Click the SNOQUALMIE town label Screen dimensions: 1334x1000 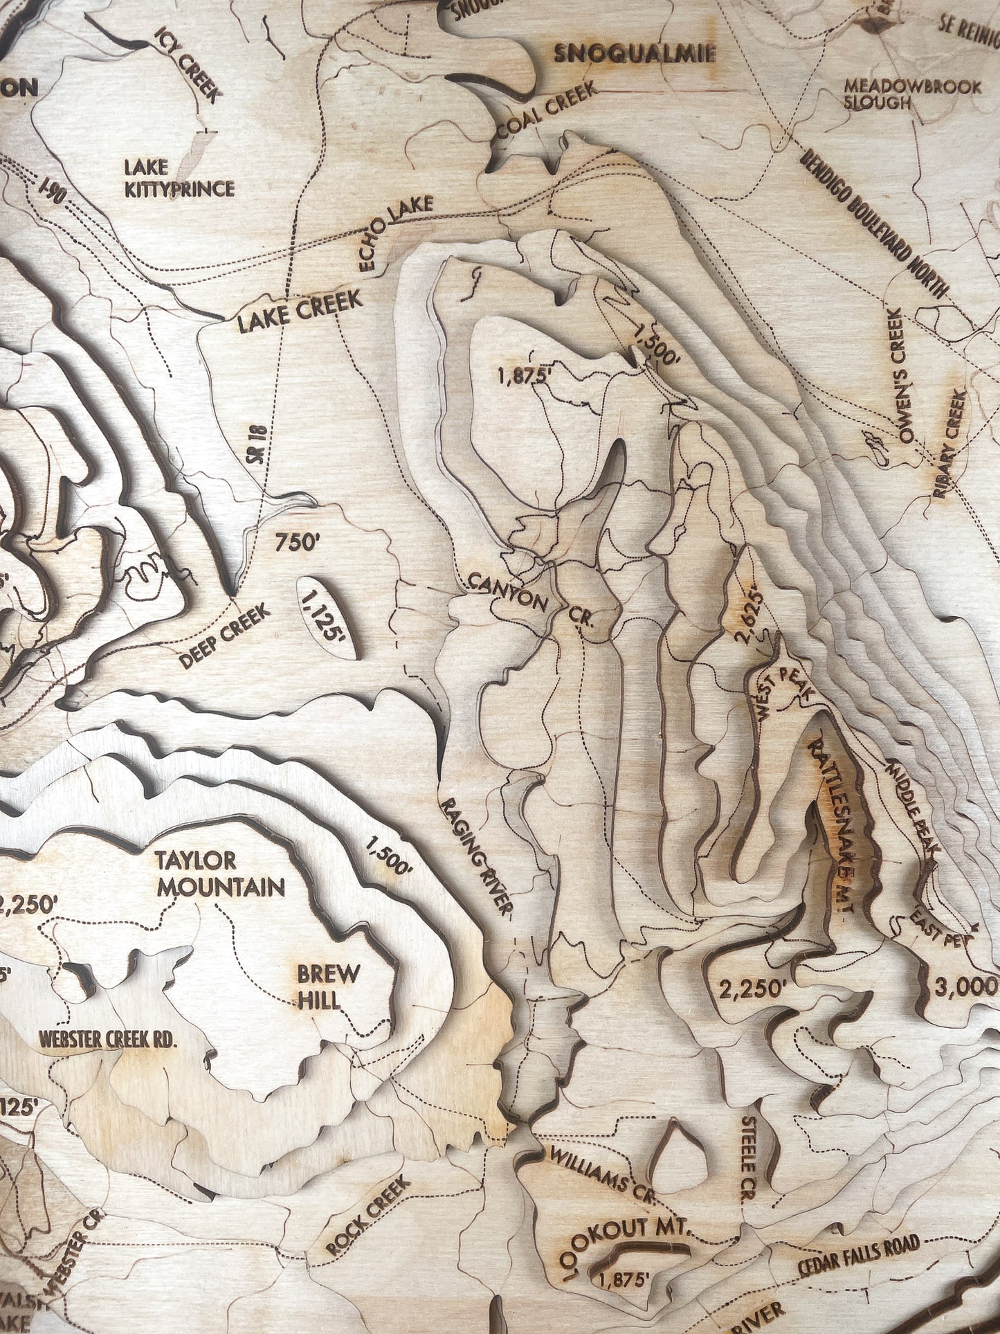tap(634, 54)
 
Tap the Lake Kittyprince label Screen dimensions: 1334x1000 tap(179, 179)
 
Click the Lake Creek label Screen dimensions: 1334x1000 tap(300, 311)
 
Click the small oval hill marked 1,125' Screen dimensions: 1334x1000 tap(326, 617)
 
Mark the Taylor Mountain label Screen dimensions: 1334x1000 tap(220, 874)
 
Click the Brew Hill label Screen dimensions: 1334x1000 tap(328, 986)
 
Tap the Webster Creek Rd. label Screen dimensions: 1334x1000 tap(108, 1039)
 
